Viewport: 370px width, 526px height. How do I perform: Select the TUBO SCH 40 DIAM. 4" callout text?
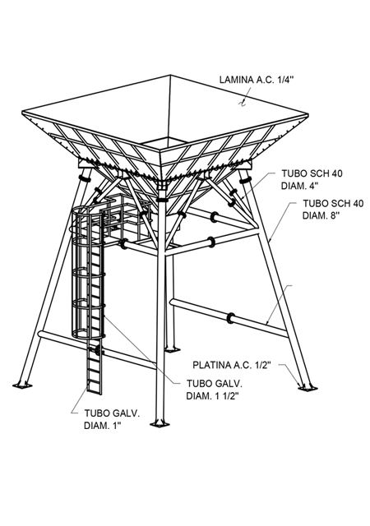click(x=312, y=179)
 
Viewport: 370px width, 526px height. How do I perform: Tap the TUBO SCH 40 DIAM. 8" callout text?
click(x=333, y=209)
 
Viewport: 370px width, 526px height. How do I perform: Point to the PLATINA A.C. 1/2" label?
click(x=232, y=365)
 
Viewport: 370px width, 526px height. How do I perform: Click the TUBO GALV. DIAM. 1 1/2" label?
click(x=215, y=390)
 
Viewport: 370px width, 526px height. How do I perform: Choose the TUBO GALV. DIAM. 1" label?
click(x=112, y=419)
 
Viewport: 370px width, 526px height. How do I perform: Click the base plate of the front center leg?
click(x=160, y=424)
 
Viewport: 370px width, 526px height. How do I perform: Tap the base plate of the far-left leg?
click(x=22, y=385)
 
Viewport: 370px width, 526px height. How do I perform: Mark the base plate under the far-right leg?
click(x=308, y=387)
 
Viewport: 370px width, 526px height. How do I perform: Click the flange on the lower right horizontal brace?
click(x=231, y=318)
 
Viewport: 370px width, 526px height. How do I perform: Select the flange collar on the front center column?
click(x=162, y=200)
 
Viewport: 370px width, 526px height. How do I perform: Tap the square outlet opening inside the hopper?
click(x=164, y=144)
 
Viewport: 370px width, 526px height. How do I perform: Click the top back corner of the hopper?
click(x=170, y=75)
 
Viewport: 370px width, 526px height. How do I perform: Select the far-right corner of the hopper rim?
click(x=308, y=114)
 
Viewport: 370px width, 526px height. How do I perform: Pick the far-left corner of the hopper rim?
click(x=22, y=112)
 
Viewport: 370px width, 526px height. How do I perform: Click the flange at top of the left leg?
click(x=85, y=178)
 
